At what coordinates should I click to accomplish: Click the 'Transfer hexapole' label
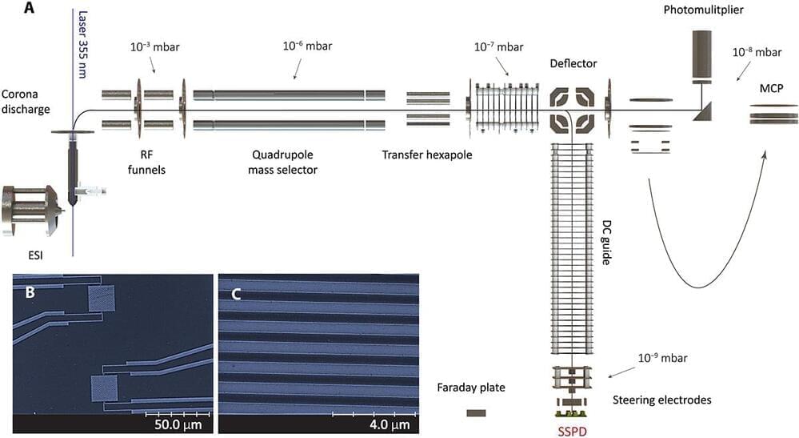pos(427,155)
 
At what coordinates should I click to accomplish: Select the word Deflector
pos(573,62)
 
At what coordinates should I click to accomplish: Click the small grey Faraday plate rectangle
pos(476,413)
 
